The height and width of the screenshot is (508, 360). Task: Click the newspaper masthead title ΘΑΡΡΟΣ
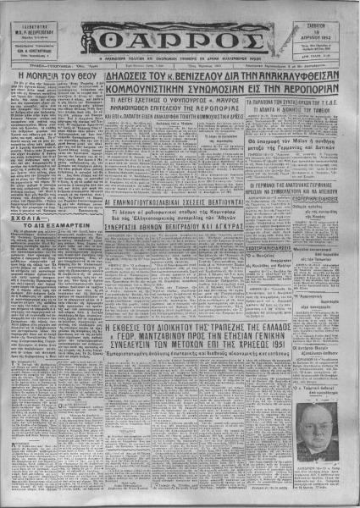point(179,34)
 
